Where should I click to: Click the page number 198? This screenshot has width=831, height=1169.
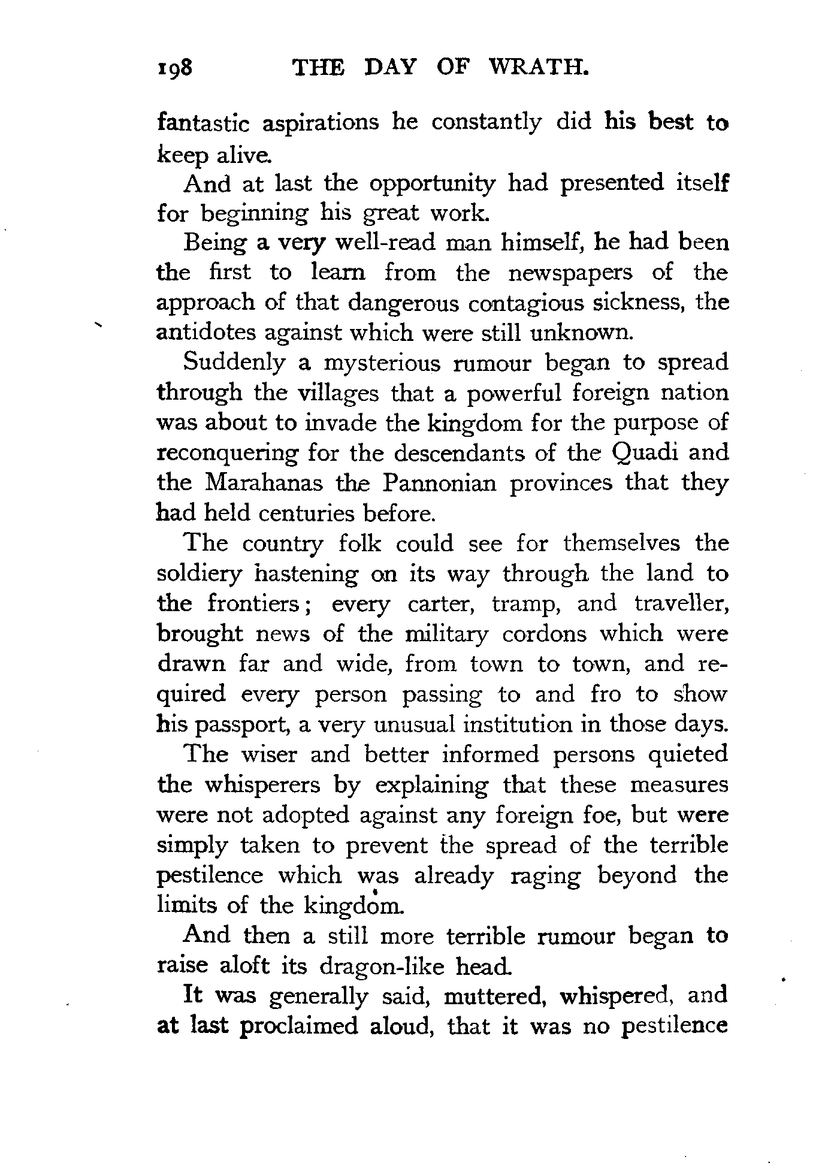[174, 68]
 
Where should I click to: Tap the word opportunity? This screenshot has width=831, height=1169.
[432, 184]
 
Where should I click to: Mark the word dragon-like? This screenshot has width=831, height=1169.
[383, 966]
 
